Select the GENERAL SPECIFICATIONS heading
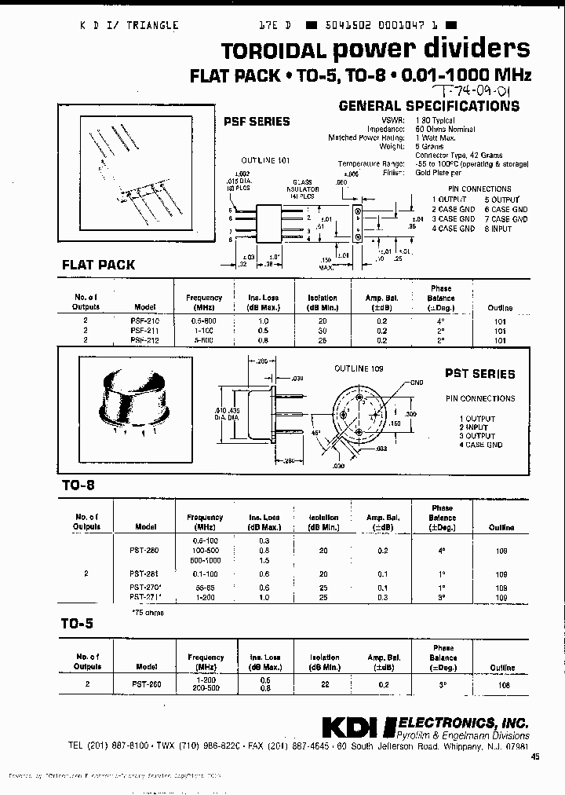[428, 105]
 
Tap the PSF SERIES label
[257, 121]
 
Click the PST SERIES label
[479, 374]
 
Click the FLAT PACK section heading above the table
[98, 265]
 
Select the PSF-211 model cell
[145, 331]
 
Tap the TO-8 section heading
[78, 486]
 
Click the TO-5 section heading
[78, 625]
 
